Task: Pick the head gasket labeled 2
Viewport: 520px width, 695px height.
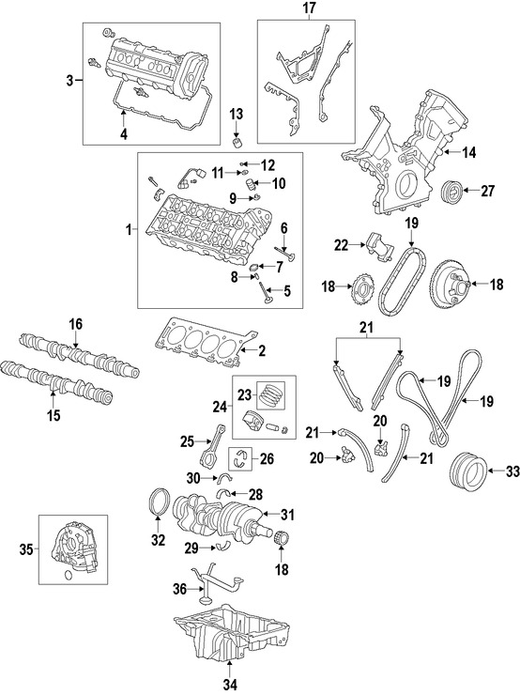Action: [x=202, y=339]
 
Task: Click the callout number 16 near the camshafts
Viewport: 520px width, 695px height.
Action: [x=75, y=324]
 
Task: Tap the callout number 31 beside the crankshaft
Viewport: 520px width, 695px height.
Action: [x=288, y=514]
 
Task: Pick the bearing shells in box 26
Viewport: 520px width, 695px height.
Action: [x=248, y=459]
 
